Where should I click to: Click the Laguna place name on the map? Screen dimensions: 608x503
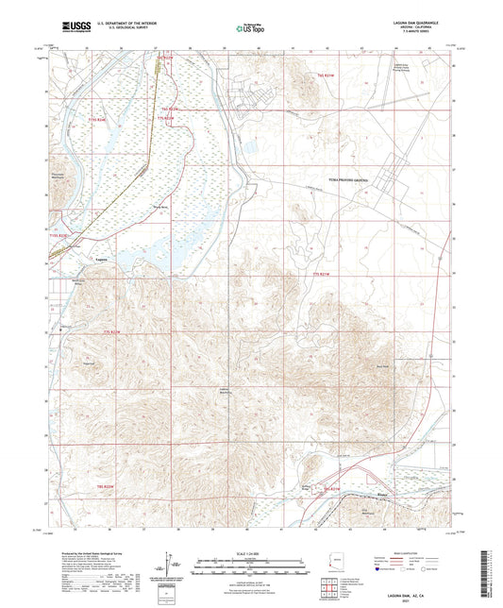point(102,262)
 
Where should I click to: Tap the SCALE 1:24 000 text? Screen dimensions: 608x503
point(251,552)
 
